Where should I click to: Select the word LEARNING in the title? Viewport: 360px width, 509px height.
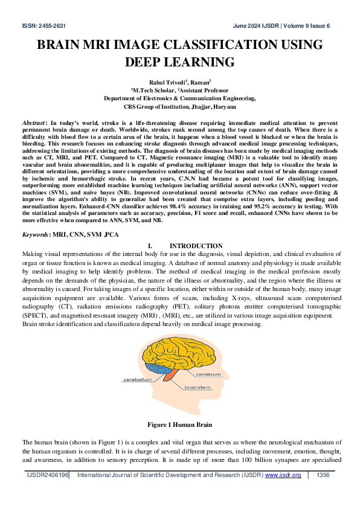pos(201,62)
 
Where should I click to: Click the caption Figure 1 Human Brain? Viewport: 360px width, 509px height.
pos(179,424)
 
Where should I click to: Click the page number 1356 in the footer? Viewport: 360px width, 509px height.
pos(323,475)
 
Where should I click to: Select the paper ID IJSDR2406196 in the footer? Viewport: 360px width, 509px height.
pos(48,475)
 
